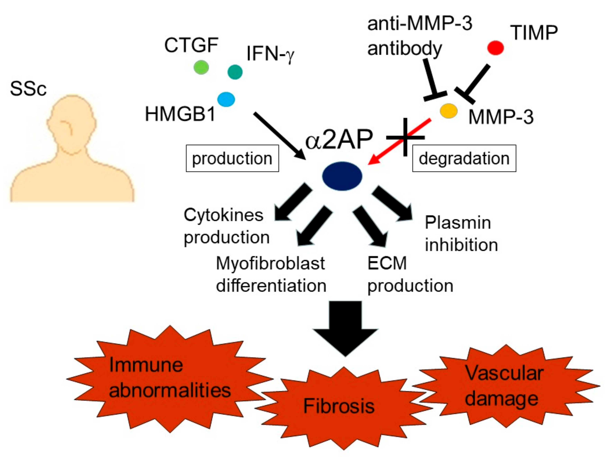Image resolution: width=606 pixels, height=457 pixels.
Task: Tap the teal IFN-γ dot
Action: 235,72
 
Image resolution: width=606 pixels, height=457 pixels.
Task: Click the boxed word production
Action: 232,158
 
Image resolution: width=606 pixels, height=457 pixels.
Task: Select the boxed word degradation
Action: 464,158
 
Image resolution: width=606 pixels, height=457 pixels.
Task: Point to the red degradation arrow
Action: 399,142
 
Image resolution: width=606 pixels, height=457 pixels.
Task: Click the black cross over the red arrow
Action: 405,137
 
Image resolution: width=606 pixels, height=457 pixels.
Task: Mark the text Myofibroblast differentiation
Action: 271,275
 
